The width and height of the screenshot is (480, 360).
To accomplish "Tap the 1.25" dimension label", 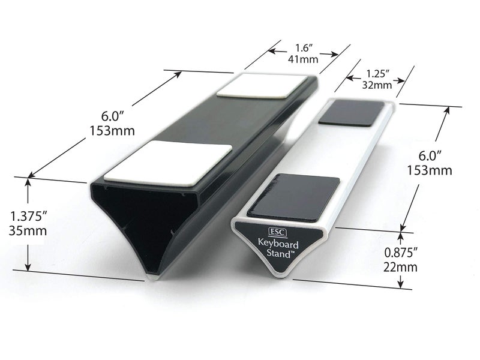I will tap(377, 73).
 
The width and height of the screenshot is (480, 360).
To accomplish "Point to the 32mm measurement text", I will tap(377, 85).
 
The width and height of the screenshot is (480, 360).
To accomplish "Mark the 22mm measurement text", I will tap(400, 267).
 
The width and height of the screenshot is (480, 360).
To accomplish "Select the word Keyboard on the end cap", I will tap(278, 244).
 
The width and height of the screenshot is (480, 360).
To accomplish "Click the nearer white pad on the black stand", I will tap(167, 162).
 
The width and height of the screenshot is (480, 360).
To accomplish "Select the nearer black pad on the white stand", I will tap(293, 196).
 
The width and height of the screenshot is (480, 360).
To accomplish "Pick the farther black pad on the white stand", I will tap(352, 113).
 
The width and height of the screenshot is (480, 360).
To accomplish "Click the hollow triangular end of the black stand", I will tap(144, 219).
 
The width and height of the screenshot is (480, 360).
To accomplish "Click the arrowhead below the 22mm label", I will tap(401, 286).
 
